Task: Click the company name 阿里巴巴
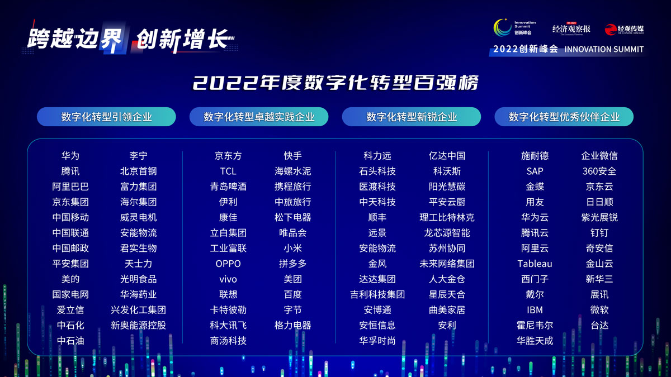click(70, 187)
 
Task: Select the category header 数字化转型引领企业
click(106, 117)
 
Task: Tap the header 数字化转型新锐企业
click(412, 117)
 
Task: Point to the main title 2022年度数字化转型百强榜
click(335, 83)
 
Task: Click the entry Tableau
click(535, 264)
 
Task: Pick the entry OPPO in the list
click(228, 264)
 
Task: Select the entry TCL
click(228, 171)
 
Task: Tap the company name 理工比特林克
click(447, 217)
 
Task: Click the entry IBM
click(535, 310)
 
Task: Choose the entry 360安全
click(599, 171)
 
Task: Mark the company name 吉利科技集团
click(377, 294)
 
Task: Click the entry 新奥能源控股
click(138, 325)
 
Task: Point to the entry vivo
click(228, 279)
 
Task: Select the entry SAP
click(535, 171)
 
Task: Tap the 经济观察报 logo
click(571, 29)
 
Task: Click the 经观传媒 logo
click(624, 29)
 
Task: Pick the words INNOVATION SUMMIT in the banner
click(604, 49)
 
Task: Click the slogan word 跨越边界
click(75, 39)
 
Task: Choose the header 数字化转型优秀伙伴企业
click(564, 117)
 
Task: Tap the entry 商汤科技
click(228, 341)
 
